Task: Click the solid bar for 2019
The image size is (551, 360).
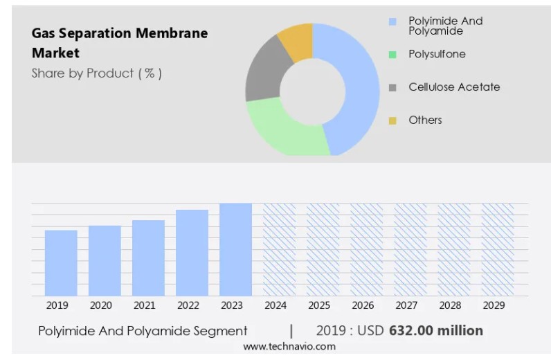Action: pyautogui.click(x=61, y=263)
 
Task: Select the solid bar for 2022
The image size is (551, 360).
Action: pyautogui.click(x=192, y=253)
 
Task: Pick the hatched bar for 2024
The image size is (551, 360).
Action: pyautogui.click(x=279, y=249)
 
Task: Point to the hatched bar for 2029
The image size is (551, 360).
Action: pyautogui.click(x=498, y=249)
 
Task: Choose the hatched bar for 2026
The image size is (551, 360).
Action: pyautogui.click(x=366, y=249)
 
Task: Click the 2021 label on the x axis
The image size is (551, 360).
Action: pyautogui.click(x=144, y=305)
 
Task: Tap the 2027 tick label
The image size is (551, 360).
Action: pyautogui.click(x=406, y=305)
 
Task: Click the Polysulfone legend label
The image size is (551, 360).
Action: pyautogui.click(x=437, y=54)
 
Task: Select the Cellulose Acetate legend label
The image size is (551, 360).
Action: pyautogui.click(x=454, y=87)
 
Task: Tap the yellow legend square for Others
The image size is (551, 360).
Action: pyautogui.click(x=392, y=120)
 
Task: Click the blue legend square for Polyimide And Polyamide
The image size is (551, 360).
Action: pyautogui.click(x=392, y=21)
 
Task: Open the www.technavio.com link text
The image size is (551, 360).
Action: pyautogui.click(x=289, y=346)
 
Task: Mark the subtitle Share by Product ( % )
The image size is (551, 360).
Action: pyautogui.click(x=96, y=73)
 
